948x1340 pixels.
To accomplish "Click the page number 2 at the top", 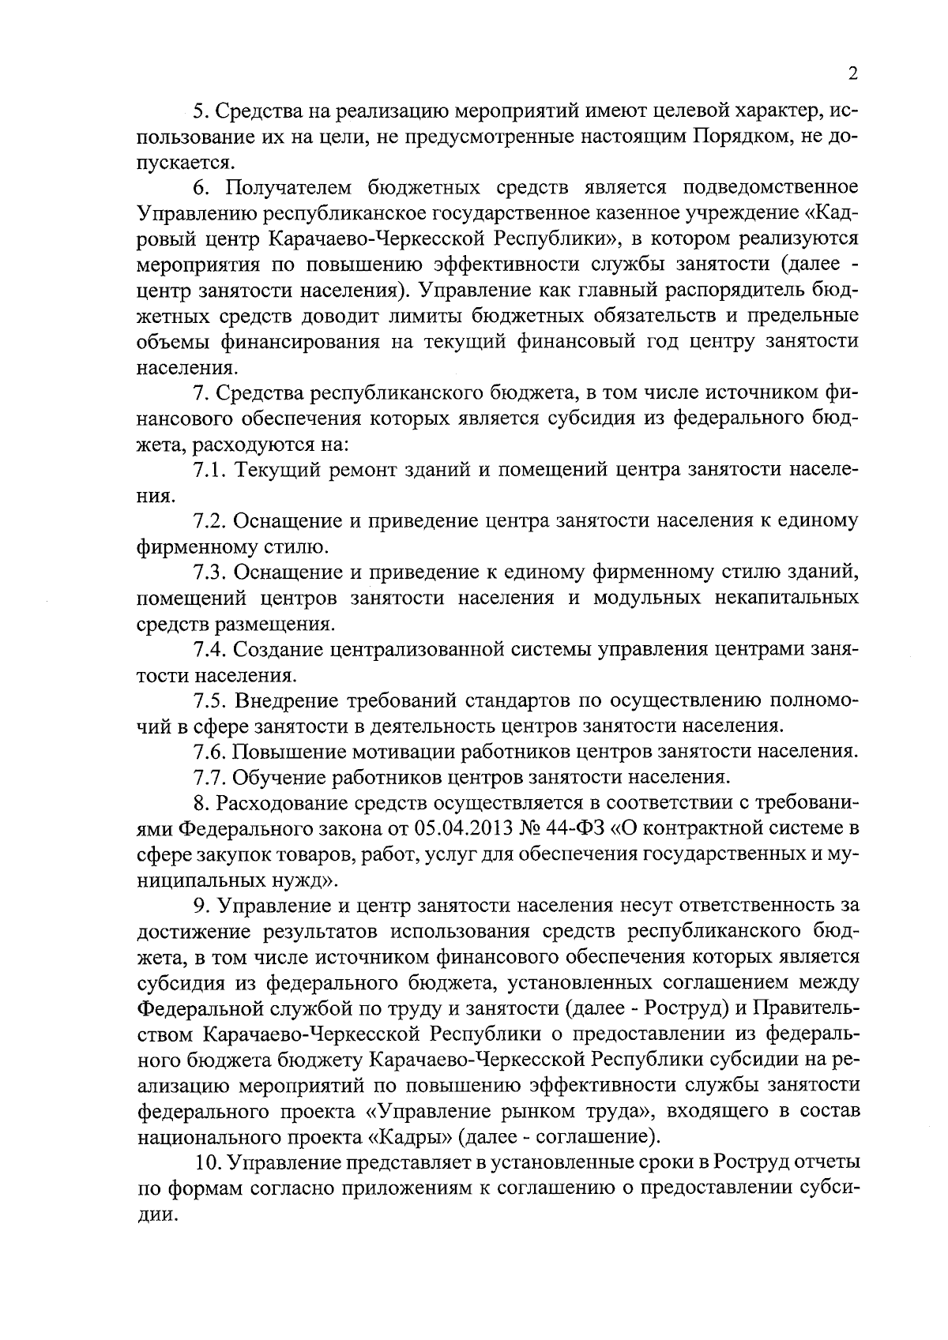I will [852, 74].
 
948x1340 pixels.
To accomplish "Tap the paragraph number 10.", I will [207, 1163].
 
